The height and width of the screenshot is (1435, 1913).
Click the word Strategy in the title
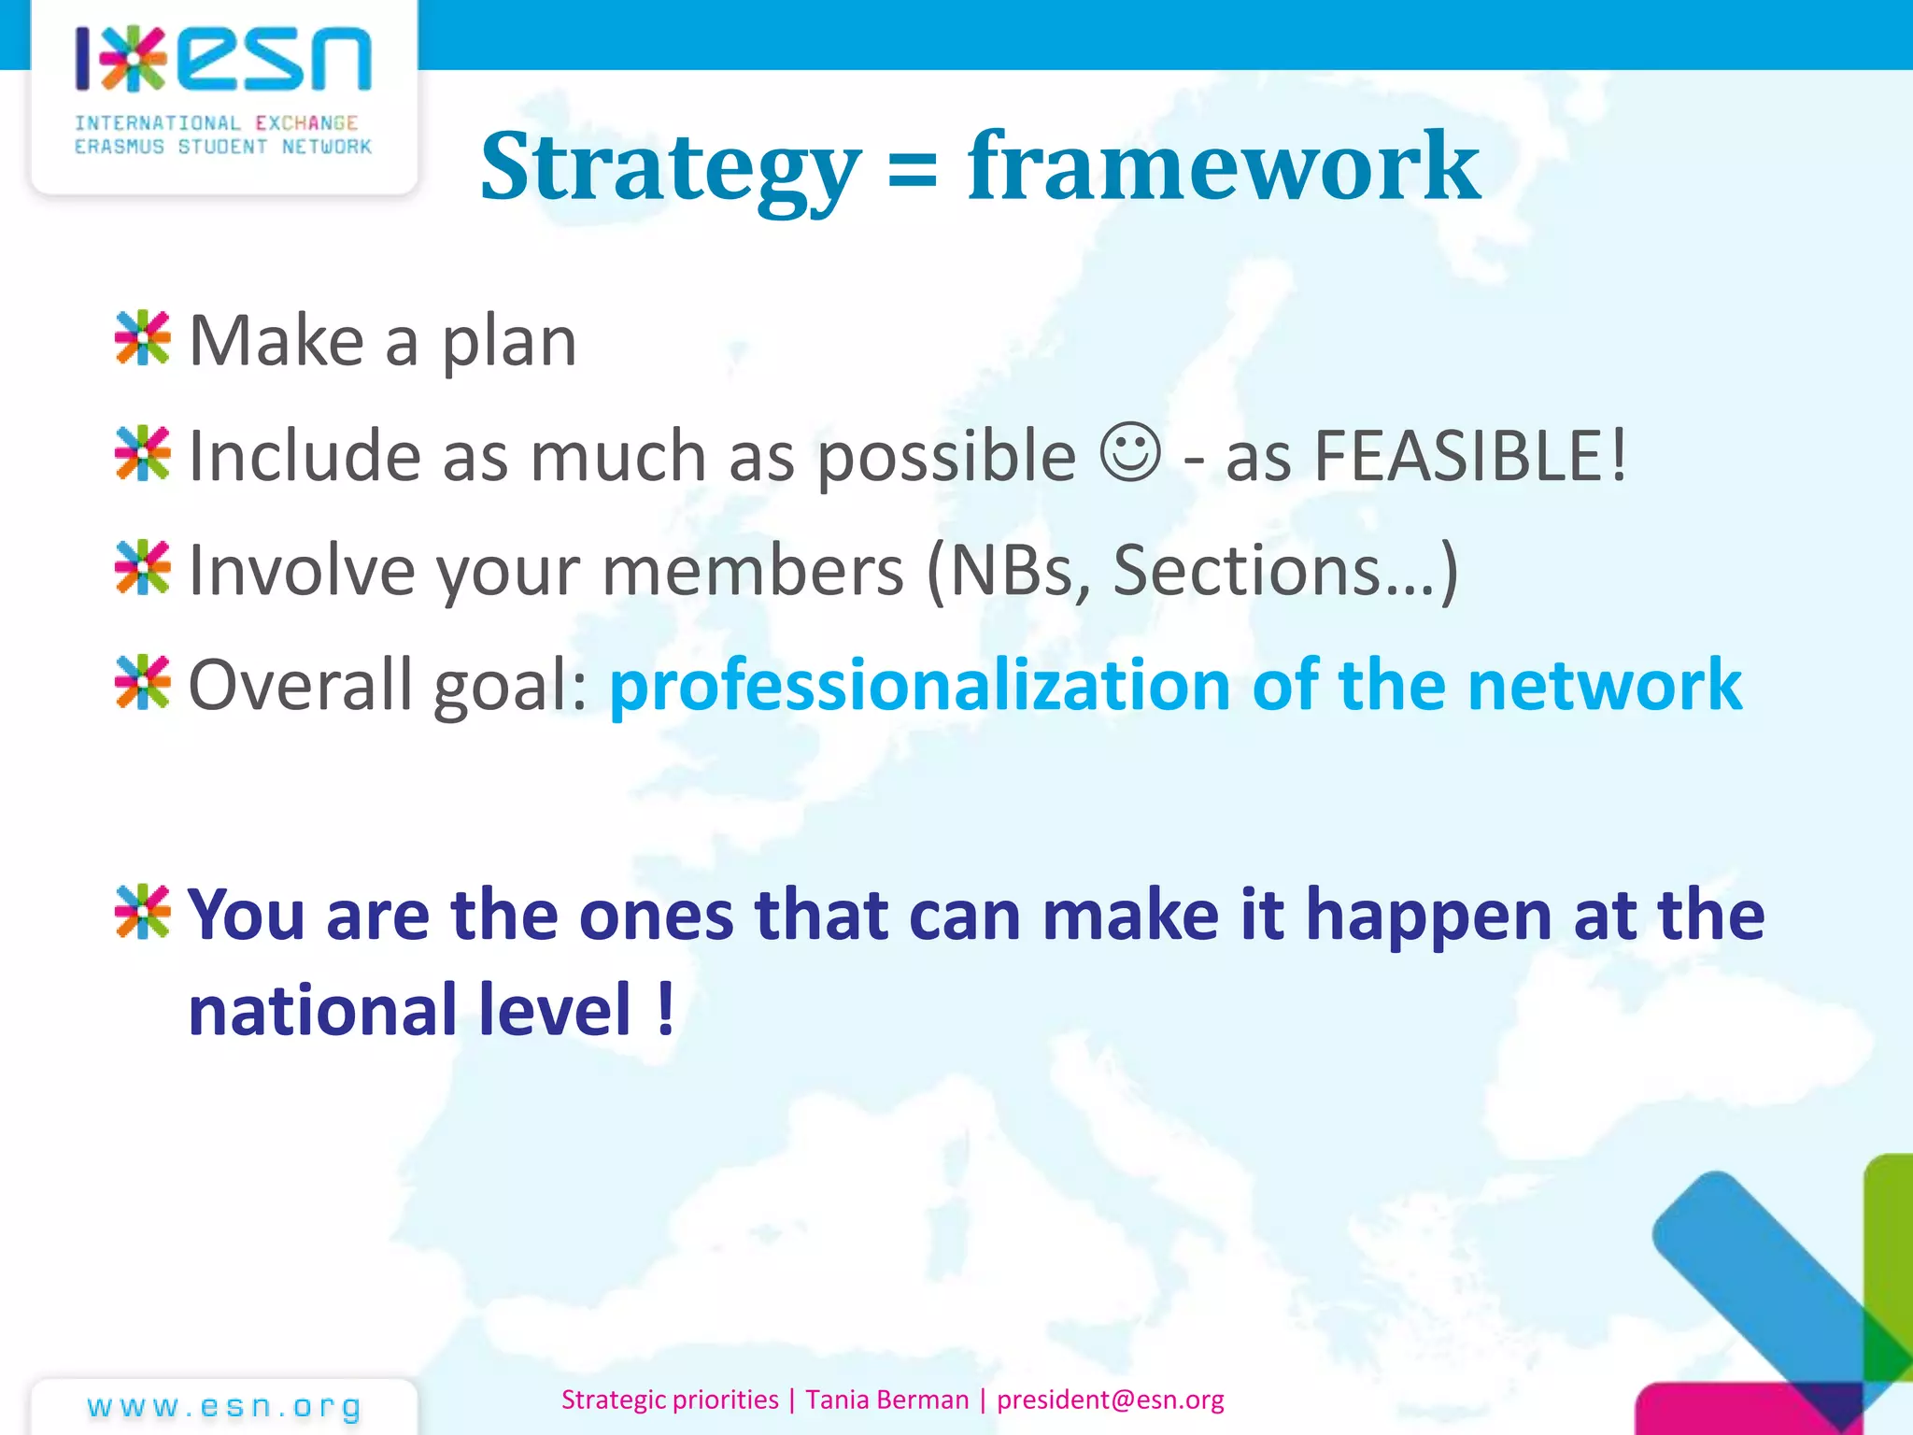670,168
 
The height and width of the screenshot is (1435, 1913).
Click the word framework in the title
1224,166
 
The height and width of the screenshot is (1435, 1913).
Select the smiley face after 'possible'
1130,453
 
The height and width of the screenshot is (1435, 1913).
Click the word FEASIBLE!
1470,456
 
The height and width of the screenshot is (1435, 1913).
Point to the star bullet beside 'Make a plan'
142,338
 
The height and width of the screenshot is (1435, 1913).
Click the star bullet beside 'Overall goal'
142,683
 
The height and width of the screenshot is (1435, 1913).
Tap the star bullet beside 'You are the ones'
142,912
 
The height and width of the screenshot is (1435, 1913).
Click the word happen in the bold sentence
1429,916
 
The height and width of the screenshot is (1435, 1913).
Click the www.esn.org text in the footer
224,1406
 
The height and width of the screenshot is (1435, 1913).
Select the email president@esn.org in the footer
1110,1399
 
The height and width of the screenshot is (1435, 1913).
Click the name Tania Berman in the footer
887,1399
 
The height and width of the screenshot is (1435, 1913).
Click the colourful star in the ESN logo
134,59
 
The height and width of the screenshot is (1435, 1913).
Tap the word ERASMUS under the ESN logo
119,147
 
